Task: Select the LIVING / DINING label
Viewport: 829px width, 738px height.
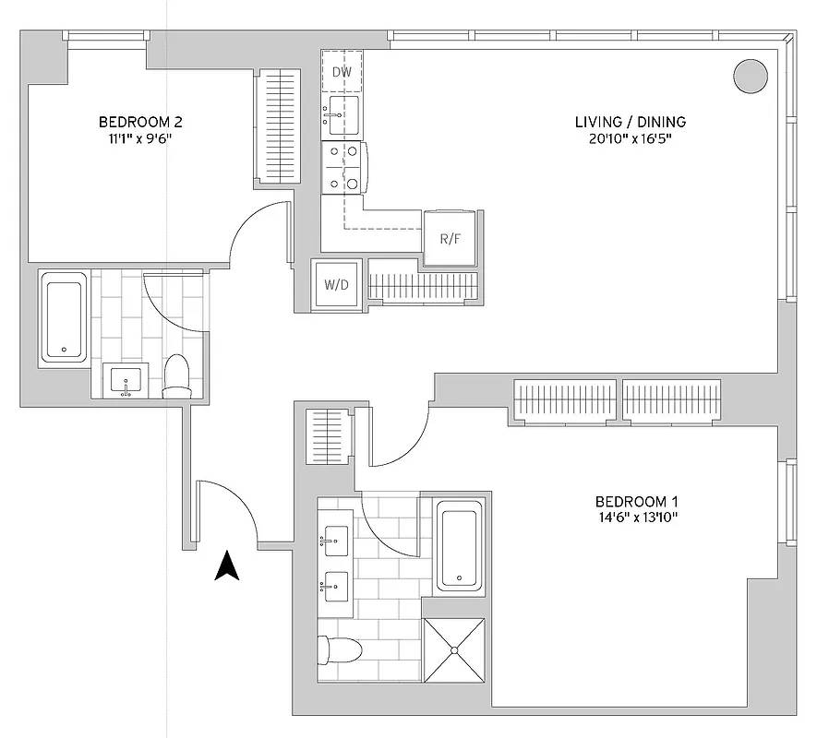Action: click(630, 122)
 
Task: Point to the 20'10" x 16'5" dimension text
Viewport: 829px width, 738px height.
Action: click(630, 139)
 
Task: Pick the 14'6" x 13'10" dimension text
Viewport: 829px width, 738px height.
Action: click(637, 518)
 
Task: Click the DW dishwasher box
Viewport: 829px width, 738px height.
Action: click(342, 71)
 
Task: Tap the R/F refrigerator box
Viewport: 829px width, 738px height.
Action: click(450, 238)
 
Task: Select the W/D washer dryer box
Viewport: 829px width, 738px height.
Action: click(336, 284)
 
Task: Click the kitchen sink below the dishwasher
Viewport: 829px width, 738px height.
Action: click(341, 115)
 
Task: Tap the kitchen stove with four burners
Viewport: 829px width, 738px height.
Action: click(342, 167)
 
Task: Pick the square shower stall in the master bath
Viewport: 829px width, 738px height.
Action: click(453, 649)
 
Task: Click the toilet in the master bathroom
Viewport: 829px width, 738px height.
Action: click(339, 649)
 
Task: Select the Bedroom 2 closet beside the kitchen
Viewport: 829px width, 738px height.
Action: click(273, 126)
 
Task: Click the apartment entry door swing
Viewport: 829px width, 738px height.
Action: click(227, 510)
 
